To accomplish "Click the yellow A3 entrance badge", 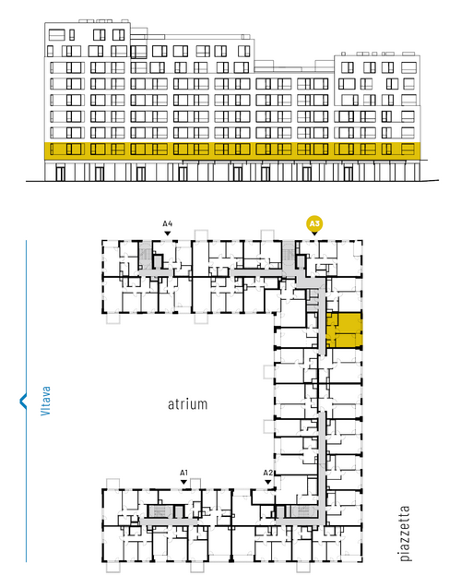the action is coord(314,224).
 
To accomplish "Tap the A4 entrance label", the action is coord(168,224).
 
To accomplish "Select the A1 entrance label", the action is coord(183,473).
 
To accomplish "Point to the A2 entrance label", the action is coord(267,473).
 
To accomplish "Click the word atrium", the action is coord(187,404).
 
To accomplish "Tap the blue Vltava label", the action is coord(45,401).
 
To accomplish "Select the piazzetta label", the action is coord(405,534).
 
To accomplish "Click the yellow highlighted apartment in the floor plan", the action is coord(343,330).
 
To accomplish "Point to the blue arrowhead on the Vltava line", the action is coord(23,401).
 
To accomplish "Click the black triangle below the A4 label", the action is coord(168,234).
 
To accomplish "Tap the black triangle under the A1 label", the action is coord(183,482).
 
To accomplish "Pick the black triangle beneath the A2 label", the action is coord(267,482).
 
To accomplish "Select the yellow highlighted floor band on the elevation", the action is coord(231,149).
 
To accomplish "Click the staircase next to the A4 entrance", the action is coord(145,255).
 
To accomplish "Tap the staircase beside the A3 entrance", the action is coord(289,255).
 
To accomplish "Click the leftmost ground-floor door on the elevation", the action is coord(60,174).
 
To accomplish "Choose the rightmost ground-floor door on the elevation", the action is coord(349,174).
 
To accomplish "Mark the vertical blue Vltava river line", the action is coord(26,401).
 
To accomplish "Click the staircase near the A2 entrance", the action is coord(303,511).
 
